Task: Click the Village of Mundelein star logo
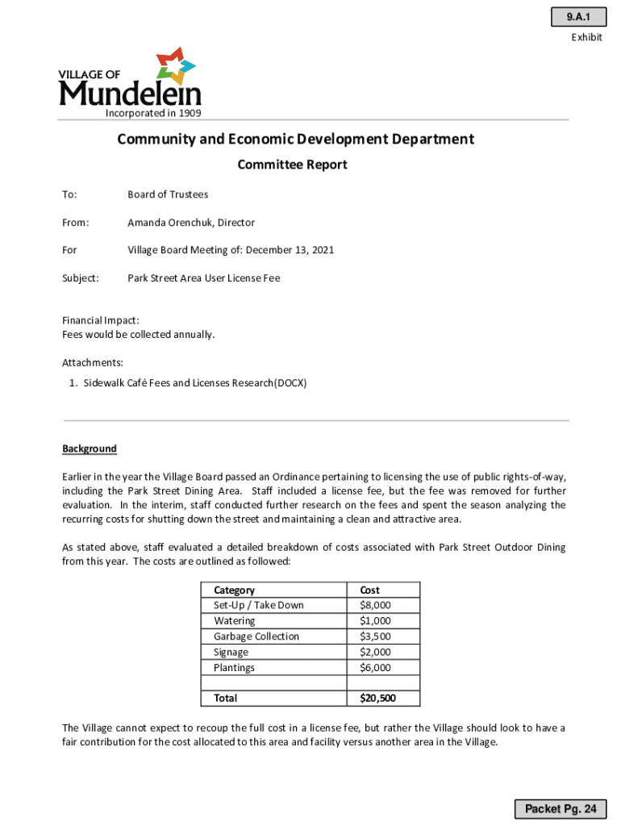176,65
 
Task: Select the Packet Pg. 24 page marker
561,808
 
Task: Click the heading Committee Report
292,165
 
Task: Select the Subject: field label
81,278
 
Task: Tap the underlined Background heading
90,448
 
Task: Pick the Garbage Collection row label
256,636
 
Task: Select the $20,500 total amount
377,698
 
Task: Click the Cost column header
369,590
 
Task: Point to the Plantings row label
234,668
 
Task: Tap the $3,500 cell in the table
375,636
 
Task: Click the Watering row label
234,621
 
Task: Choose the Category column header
234,590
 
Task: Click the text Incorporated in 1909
153,113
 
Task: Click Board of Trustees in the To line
168,194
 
